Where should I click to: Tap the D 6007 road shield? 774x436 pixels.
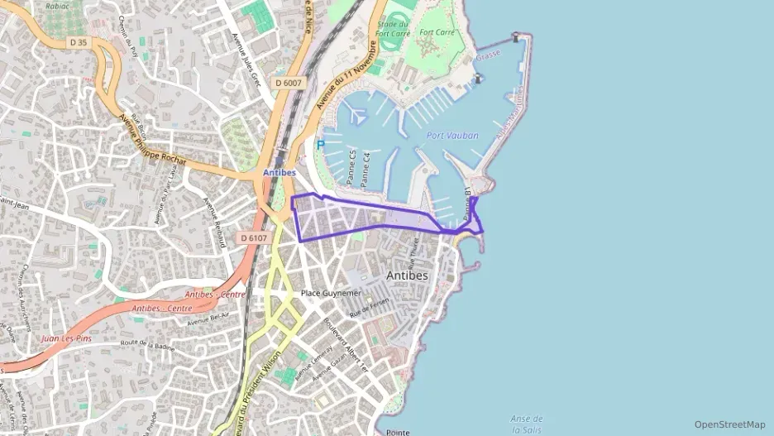(289, 83)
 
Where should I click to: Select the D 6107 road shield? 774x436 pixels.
(254, 237)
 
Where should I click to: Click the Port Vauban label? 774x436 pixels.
(447, 136)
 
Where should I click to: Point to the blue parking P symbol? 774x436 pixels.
(321, 144)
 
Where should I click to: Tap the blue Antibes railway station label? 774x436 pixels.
(279, 172)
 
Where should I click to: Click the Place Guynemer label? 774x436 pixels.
(331, 293)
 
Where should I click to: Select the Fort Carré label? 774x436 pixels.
(438, 32)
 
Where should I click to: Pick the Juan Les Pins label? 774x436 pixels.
(67, 338)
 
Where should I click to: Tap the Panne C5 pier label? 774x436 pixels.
(351, 165)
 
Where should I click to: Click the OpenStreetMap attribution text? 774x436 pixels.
(729, 424)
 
